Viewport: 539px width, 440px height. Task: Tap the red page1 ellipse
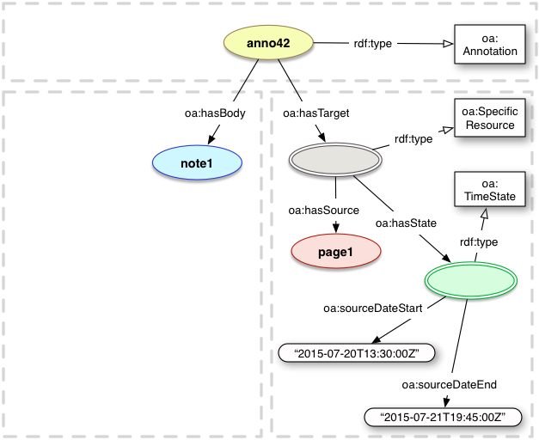tap(335, 250)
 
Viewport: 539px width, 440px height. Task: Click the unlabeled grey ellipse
tap(334, 159)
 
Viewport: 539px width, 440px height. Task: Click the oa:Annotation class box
tap(487, 45)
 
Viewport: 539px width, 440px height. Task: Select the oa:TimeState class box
tap(487, 190)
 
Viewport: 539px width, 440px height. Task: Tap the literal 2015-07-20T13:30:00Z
tap(359, 352)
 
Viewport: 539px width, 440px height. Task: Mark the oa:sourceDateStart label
tap(371, 308)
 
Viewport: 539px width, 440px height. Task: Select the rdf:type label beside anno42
tap(374, 45)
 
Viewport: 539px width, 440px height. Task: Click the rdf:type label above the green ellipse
tap(479, 241)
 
